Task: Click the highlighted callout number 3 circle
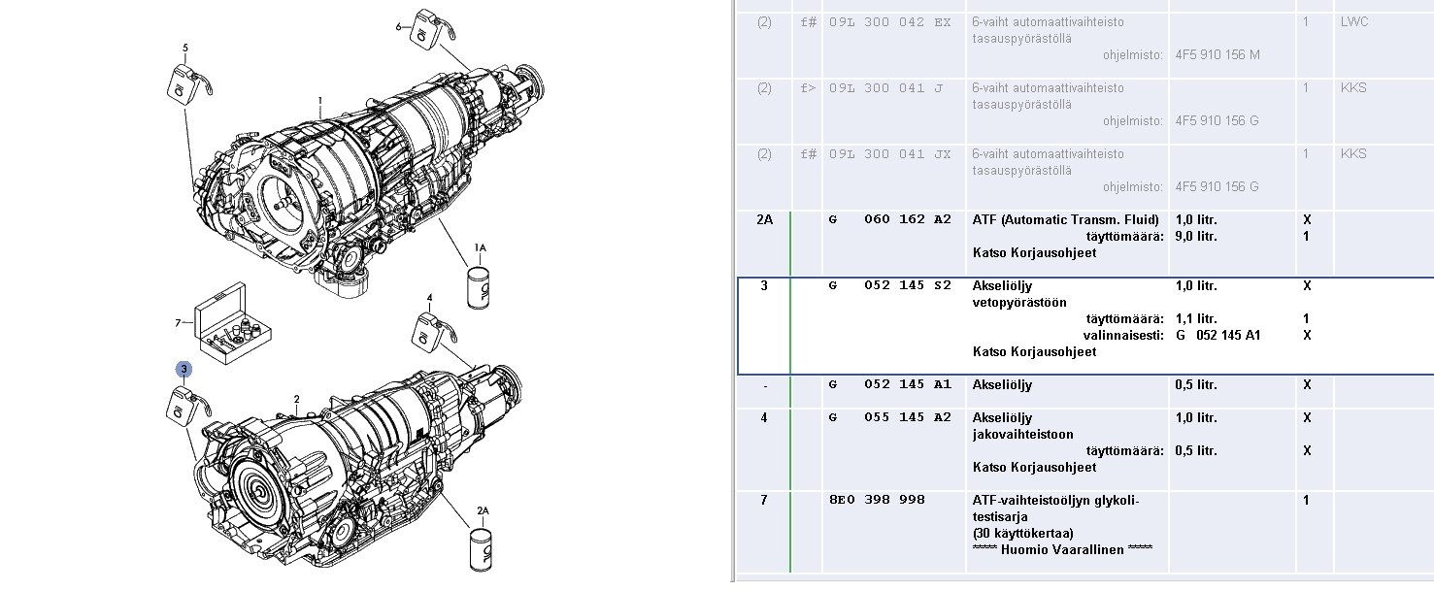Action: point(183,369)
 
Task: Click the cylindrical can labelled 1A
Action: point(479,287)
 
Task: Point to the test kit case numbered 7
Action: point(232,324)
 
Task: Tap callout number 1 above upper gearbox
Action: point(320,101)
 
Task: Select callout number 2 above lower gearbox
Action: point(297,400)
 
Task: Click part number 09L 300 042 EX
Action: point(890,22)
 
